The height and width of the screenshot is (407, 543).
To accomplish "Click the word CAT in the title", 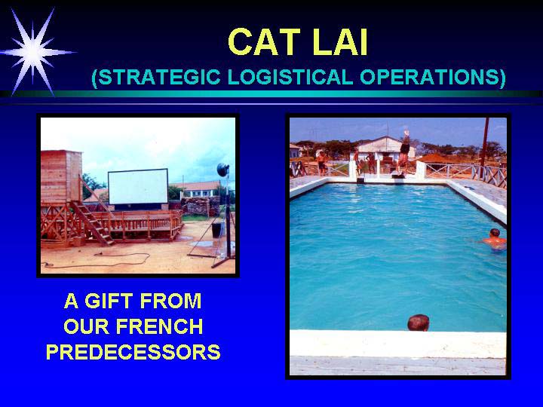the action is tap(264, 42).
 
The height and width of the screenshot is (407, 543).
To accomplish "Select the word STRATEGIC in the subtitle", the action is tap(156, 77).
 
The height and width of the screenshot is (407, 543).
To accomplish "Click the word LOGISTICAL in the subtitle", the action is tap(290, 77).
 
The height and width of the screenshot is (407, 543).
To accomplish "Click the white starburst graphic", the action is tap(33, 52).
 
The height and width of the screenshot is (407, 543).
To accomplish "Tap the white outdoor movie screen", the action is tap(138, 187).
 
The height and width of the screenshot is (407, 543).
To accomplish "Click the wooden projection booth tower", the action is tap(61, 176).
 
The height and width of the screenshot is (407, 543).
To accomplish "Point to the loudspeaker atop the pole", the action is tap(222, 170).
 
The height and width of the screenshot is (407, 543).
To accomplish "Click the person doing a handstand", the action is tap(403, 151).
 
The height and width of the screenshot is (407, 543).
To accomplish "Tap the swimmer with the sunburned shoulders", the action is tap(495, 239).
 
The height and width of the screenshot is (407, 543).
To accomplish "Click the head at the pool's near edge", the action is tap(419, 323).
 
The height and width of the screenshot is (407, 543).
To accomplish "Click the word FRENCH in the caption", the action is tap(159, 326).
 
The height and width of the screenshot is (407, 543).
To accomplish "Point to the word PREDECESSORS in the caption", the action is tap(133, 352).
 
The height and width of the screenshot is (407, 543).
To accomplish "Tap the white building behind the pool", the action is tap(384, 148).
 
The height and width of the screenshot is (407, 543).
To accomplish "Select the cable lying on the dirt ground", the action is tap(97, 260).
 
